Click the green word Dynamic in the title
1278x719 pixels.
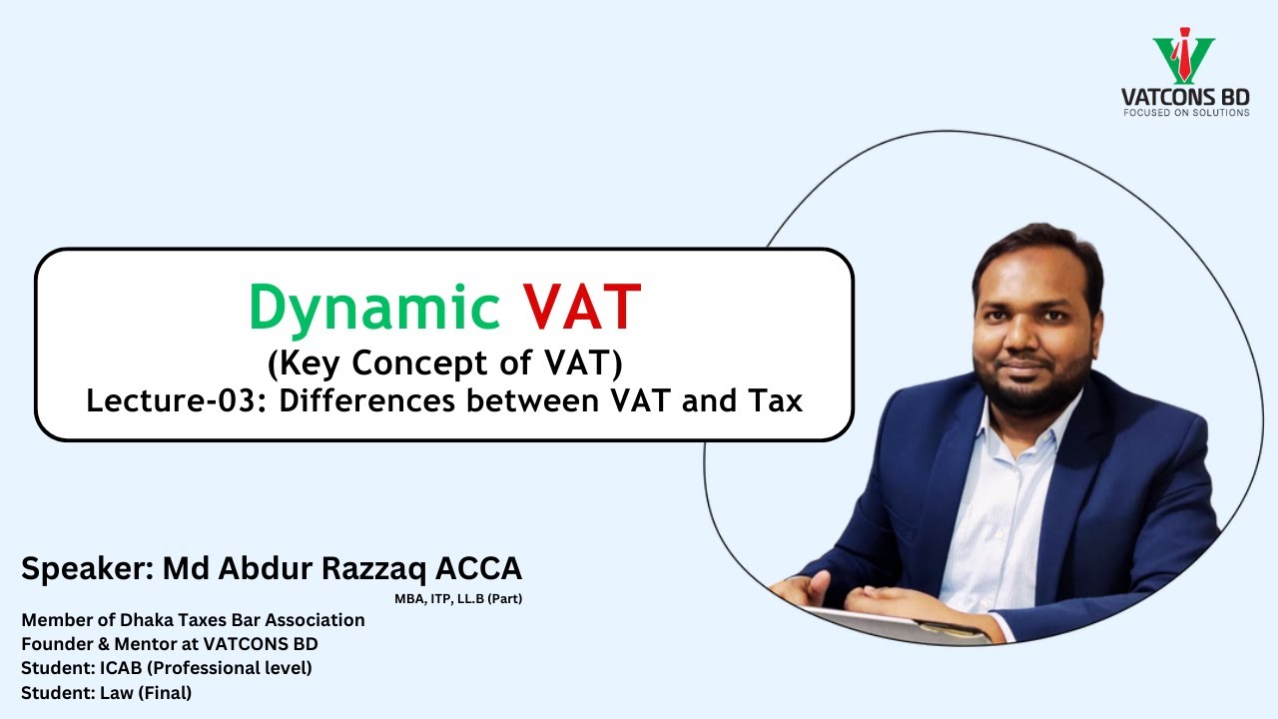coord(374,308)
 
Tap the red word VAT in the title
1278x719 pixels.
coord(581,308)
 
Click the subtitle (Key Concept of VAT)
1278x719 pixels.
coord(444,363)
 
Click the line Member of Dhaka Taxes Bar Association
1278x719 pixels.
coord(193,620)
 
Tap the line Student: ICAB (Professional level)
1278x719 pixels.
coord(167,668)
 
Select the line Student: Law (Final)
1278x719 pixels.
coord(107,692)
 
